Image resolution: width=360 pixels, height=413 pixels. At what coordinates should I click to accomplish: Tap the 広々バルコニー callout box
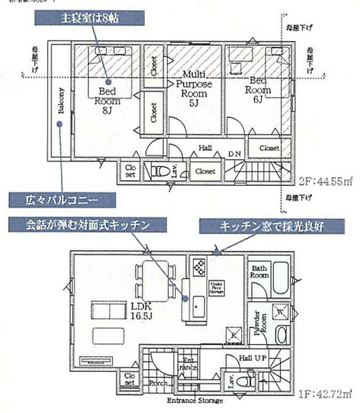61,200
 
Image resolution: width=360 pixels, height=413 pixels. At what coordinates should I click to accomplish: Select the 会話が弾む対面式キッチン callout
87,224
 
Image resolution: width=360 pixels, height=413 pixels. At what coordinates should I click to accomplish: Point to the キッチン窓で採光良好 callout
272,227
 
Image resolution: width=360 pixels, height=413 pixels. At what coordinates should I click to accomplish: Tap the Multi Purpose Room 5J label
194,88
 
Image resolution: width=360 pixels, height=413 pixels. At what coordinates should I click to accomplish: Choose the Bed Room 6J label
257,90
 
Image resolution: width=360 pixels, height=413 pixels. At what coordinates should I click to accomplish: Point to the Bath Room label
258,272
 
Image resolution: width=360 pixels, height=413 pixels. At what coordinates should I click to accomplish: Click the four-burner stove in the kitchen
199,267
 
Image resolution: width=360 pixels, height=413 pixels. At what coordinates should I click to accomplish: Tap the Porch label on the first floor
159,383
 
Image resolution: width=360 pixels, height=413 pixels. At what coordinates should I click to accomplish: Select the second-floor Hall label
204,148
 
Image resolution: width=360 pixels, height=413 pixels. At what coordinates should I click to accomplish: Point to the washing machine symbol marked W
280,313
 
